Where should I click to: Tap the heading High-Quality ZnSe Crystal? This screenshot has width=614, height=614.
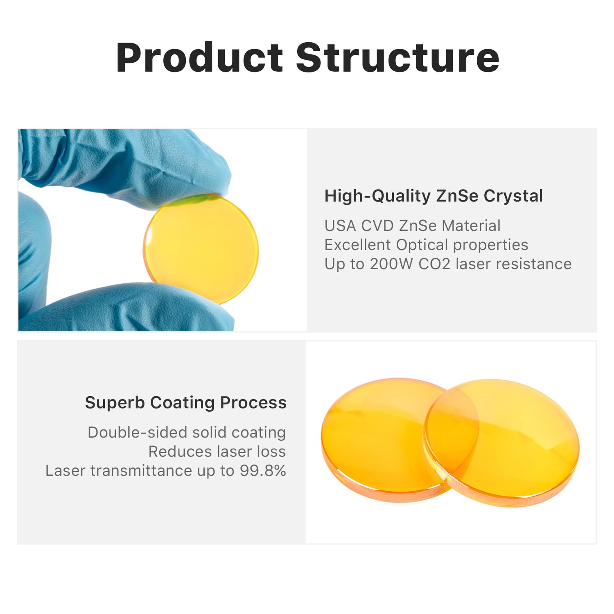pyautogui.click(x=433, y=196)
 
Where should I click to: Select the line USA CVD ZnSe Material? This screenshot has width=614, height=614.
pyautogui.click(x=412, y=226)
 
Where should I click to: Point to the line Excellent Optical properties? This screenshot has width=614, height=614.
pyautogui.click(x=426, y=245)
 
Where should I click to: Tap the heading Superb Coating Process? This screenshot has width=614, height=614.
pyautogui.click(x=186, y=403)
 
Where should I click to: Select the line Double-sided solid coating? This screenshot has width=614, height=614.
pyautogui.click(x=187, y=432)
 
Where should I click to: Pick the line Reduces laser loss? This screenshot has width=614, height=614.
pyautogui.click(x=217, y=451)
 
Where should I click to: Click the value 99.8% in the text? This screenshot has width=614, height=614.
pyautogui.click(x=263, y=471)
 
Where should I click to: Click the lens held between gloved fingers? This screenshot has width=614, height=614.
pyautogui.click(x=201, y=248)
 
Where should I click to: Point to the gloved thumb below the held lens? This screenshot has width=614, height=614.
pyautogui.click(x=131, y=307)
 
